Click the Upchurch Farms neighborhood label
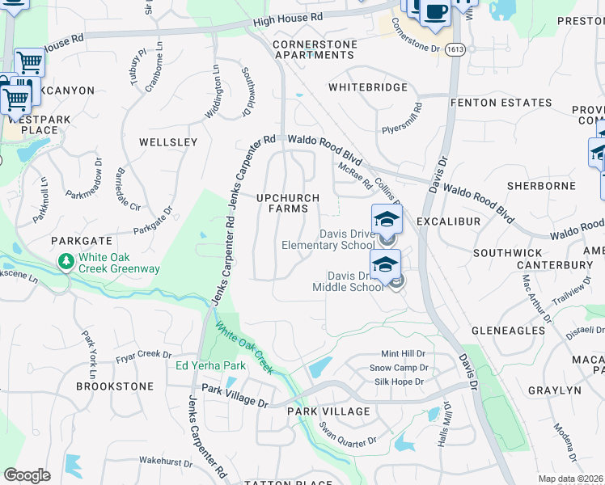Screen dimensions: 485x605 pos(287,203)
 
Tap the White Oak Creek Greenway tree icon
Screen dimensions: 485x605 pos(65,261)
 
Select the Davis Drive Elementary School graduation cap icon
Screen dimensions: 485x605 pos(387,219)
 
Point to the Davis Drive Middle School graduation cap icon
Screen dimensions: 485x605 pos(386,264)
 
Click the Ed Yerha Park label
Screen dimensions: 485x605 pos(211,366)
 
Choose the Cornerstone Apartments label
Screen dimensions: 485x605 pos(314,49)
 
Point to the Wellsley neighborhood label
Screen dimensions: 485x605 pos(168,142)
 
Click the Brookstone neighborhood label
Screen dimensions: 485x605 pos(114,386)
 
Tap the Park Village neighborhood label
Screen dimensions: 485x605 pos(328,411)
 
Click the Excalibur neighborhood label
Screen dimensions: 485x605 pos(448,221)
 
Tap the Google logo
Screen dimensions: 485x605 pos(27,474)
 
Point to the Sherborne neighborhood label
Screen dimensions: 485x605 pos(541,185)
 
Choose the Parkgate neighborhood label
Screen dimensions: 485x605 pos(80,241)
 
